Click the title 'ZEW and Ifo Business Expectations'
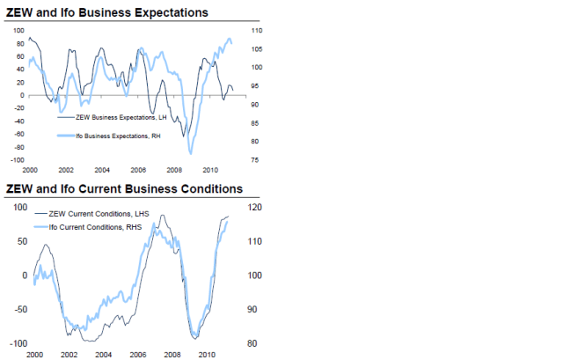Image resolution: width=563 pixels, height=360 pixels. pyautogui.click(x=107, y=13)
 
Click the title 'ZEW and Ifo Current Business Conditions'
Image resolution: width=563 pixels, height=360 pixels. pyautogui.click(x=124, y=189)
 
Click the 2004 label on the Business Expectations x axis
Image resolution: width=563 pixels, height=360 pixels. pyautogui.click(x=102, y=170)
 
